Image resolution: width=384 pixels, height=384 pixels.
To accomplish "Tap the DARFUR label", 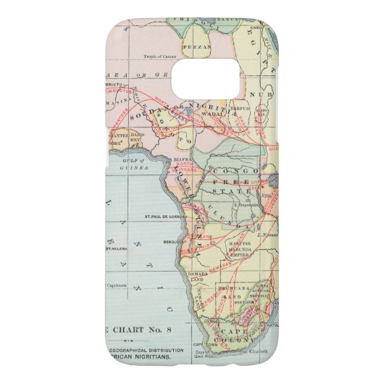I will pos(251,112).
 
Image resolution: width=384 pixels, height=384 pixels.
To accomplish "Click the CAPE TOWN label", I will pos(202,343).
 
